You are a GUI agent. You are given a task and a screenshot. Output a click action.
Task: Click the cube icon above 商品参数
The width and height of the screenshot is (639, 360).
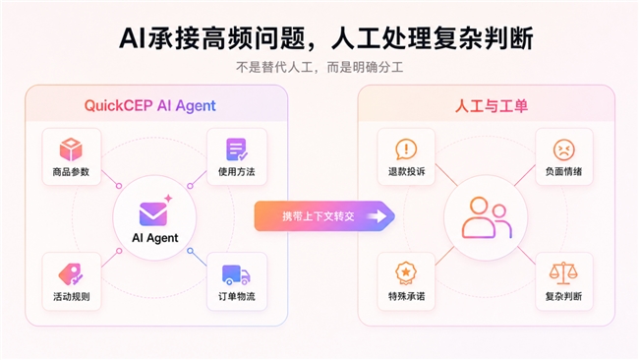[x=71, y=150]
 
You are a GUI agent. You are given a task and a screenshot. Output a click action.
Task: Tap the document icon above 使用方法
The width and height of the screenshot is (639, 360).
[x=237, y=150]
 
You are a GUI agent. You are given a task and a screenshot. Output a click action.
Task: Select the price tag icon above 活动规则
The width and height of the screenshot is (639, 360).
[x=70, y=274]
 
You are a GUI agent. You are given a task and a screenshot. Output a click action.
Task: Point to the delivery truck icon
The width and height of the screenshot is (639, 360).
[x=236, y=274]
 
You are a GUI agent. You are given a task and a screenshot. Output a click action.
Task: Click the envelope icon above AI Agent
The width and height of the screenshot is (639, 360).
[x=153, y=214]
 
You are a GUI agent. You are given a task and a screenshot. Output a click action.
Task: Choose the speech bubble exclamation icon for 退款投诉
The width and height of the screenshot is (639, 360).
[x=406, y=150]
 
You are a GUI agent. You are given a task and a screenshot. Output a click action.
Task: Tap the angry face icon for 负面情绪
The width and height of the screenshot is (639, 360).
[x=564, y=150]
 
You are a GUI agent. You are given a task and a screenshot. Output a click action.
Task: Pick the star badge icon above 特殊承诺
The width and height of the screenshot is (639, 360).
[x=406, y=272]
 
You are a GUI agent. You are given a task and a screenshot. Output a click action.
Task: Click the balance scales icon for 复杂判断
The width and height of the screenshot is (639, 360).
[x=563, y=273]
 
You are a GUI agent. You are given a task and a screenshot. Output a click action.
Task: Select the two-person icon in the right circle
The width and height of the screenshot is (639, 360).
[x=487, y=218]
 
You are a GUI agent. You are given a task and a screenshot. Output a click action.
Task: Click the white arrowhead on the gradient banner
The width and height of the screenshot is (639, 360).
[x=378, y=216]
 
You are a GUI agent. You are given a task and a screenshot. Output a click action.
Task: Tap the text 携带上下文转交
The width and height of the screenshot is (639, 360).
[x=319, y=216]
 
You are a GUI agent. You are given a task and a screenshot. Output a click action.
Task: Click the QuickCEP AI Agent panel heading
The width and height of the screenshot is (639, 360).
[x=150, y=105]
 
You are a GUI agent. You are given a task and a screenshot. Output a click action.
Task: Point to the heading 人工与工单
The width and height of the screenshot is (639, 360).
[x=492, y=106]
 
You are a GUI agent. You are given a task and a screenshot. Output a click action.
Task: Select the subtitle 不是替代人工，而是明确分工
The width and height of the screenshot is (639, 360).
[x=319, y=67]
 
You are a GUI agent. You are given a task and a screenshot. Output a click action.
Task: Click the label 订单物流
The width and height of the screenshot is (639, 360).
[x=237, y=296]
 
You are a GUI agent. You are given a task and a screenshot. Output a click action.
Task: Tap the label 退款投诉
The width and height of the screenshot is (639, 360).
[x=406, y=172]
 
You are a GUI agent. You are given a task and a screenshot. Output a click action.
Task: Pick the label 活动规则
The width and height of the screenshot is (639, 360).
[x=72, y=296]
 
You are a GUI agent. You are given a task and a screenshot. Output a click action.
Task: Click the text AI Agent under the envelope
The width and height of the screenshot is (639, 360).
[x=155, y=238]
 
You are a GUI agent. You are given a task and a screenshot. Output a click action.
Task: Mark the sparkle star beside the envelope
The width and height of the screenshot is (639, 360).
[x=168, y=199]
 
